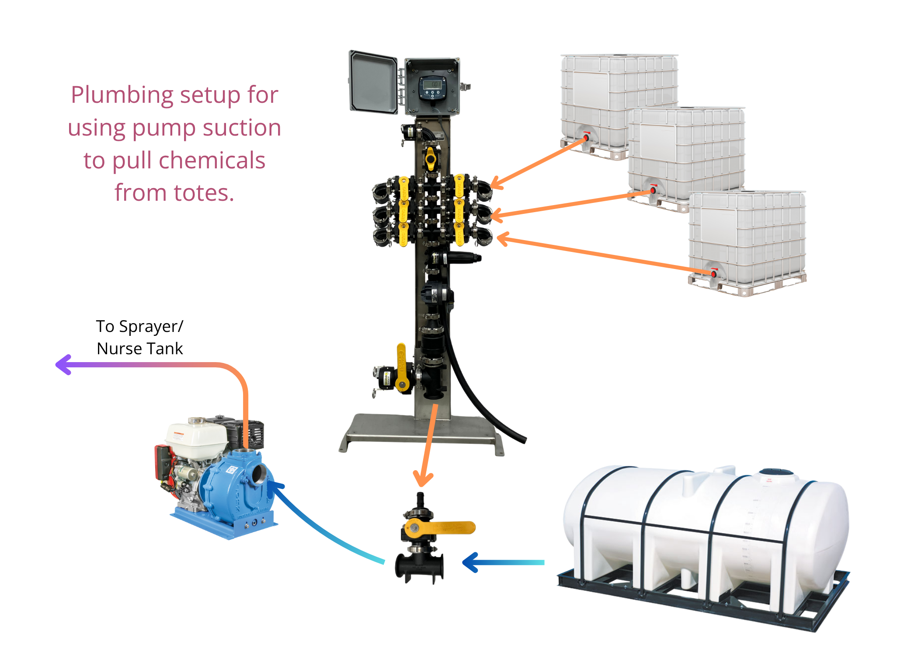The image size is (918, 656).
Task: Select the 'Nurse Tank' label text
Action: coord(139,349)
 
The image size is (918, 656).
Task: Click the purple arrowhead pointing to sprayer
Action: coord(63,364)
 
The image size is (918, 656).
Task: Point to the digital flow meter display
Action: coord(432,84)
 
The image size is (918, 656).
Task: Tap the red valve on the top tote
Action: coord(586,137)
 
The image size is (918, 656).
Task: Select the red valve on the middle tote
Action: coord(653,190)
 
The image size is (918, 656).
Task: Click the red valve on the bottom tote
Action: coord(713,274)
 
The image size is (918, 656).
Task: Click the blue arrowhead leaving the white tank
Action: coord(470,562)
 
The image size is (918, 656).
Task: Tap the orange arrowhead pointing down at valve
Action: coord(423,479)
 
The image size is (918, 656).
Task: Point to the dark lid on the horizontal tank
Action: coord(776,472)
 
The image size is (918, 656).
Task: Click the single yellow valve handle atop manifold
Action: coord(431,158)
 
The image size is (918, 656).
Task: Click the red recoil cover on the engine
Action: coord(163,462)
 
